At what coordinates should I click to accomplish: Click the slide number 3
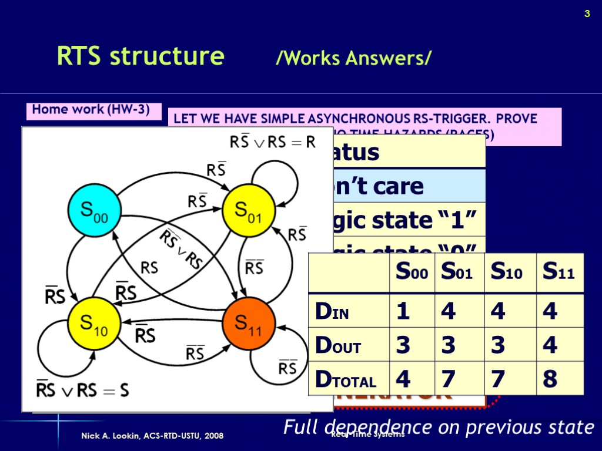(x=586, y=15)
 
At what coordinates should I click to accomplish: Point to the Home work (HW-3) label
(x=91, y=109)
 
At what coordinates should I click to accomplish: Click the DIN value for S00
(x=403, y=311)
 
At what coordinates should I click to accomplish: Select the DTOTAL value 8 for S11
(x=550, y=379)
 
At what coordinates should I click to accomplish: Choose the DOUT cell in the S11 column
(x=550, y=345)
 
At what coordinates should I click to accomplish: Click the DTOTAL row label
(x=346, y=380)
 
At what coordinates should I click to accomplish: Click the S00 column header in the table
(x=411, y=273)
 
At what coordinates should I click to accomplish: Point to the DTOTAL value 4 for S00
(x=403, y=379)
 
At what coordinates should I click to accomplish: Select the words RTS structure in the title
(x=141, y=56)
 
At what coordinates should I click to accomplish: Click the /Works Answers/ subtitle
(x=354, y=58)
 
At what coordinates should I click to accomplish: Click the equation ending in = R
(x=272, y=142)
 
